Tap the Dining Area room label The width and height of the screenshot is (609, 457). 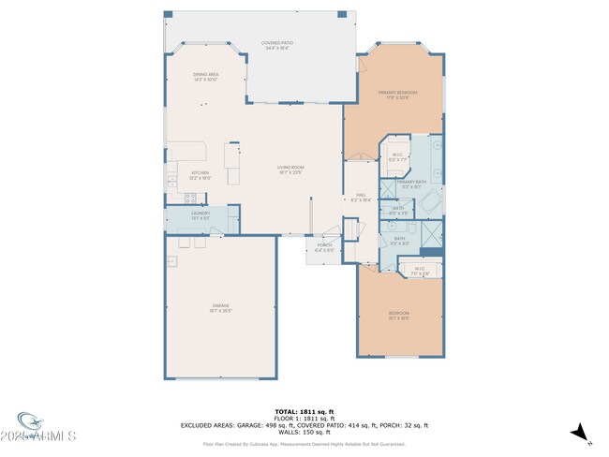click(x=205, y=77)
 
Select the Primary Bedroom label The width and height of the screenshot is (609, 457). click(x=397, y=95)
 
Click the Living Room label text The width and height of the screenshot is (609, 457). click(x=290, y=170)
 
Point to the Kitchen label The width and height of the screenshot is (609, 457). click(x=201, y=174)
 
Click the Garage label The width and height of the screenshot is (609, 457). click(x=220, y=308)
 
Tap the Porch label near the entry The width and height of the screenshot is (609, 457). click(x=324, y=248)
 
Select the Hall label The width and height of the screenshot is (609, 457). click(x=361, y=198)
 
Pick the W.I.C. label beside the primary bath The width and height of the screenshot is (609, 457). click(x=396, y=157)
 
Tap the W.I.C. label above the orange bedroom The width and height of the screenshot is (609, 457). click(x=420, y=272)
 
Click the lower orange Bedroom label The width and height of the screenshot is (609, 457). click(x=399, y=315)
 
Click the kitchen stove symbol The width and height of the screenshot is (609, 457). click(x=190, y=197)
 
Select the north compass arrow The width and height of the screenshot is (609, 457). click(x=581, y=433)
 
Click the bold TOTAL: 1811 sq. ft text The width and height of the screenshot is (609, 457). click(x=304, y=411)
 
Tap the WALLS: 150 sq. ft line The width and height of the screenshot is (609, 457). click(x=304, y=431)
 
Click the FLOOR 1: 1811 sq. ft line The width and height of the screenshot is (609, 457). click(x=304, y=418)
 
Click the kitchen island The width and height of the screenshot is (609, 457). click(x=231, y=165)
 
